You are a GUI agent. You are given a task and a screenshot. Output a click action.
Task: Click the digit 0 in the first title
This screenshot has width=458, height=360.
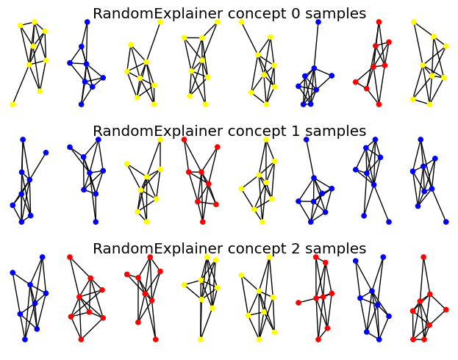click(296, 14)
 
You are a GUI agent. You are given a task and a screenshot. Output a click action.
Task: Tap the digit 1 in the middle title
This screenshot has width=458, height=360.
click(296, 131)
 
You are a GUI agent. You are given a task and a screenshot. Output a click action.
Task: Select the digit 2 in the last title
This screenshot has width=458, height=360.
click(296, 249)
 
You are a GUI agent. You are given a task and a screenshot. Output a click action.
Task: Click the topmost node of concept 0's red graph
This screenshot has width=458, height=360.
click(379, 22)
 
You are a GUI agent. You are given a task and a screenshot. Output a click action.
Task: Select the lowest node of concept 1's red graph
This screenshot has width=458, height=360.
click(203, 222)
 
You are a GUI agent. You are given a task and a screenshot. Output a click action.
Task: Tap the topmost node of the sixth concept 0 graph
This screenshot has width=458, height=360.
click(318, 22)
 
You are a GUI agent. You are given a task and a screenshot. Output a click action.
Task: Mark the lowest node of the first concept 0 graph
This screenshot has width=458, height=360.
click(12, 104)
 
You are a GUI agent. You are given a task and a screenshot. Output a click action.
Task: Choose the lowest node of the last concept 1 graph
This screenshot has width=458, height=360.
click(446, 222)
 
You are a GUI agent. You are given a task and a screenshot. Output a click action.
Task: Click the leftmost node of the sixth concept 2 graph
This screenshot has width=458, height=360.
click(298, 303)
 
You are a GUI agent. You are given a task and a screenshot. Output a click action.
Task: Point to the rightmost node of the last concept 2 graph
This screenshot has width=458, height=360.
click(446, 310)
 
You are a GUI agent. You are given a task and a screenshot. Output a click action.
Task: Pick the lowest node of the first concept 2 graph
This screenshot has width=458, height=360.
click(25, 339)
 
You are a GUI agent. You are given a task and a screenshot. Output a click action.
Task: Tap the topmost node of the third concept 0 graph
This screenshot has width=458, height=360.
click(160, 22)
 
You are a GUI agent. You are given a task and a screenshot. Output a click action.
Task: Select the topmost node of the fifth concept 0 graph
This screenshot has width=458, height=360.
click(241, 22)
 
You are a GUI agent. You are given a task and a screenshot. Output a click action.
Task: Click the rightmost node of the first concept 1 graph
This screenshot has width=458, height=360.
click(46, 153)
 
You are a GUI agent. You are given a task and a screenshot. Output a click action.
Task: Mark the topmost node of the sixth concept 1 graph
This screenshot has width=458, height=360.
click(306, 140)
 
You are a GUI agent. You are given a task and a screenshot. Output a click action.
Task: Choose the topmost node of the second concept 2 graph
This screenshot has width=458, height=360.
click(70, 257)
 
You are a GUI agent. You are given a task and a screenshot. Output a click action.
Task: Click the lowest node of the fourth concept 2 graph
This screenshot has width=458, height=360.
click(201, 339)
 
